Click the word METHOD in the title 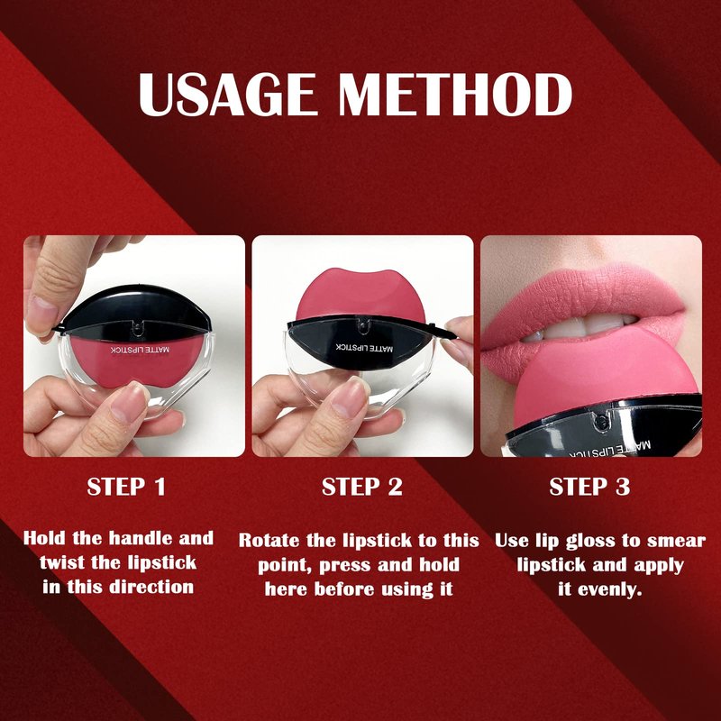coord(455,95)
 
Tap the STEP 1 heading coord(126,487)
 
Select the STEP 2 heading coord(362,487)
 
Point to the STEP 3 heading coord(589,487)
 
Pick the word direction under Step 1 coord(154,587)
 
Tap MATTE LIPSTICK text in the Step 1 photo coord(140,350)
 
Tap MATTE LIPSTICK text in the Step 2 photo coord(364,348)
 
